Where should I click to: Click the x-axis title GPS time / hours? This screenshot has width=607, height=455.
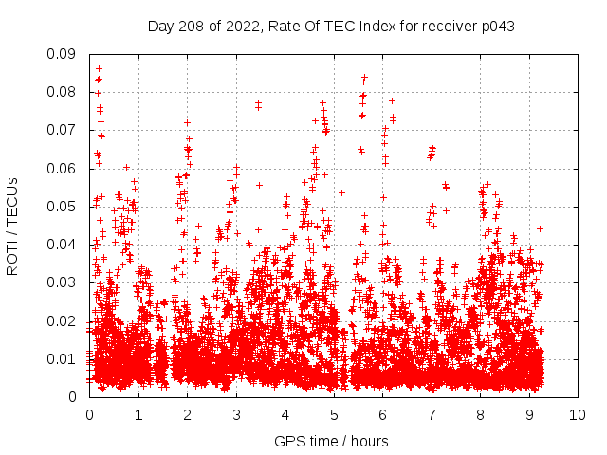click(331, 441)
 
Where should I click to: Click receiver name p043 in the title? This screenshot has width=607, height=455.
click(496, 27)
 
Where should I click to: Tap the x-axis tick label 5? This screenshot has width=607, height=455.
click(334, 415)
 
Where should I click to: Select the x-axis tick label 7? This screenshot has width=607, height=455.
click(432, 415)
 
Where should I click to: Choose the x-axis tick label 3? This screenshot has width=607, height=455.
click(236, 415)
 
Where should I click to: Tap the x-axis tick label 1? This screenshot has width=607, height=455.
click(138, 415)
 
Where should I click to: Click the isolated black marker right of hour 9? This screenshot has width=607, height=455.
click(540, 228)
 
